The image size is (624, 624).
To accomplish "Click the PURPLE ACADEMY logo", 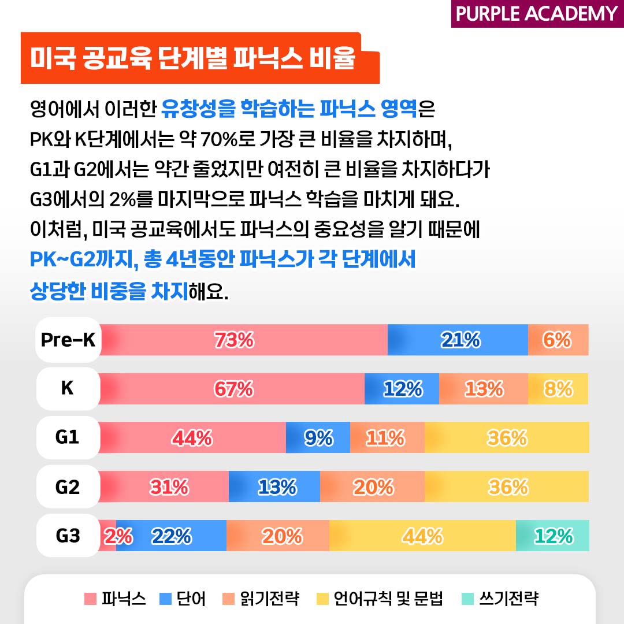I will (536, 13).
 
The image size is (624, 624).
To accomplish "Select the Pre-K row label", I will (68, 340).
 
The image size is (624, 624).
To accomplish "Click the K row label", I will (68, 389).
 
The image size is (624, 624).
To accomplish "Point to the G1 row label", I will (68, 438).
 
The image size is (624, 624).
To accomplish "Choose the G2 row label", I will (68, 487).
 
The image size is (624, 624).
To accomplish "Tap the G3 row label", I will (68, 536).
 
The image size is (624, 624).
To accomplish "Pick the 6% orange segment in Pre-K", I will (558, 340).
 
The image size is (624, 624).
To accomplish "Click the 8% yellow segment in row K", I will (558, 389).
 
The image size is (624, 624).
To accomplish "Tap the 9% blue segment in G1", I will (318, 438).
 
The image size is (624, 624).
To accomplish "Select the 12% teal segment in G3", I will (553, 536).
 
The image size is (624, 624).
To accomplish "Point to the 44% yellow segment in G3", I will (422, 536).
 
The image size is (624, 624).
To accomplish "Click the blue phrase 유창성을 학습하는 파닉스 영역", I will (289, 107).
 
